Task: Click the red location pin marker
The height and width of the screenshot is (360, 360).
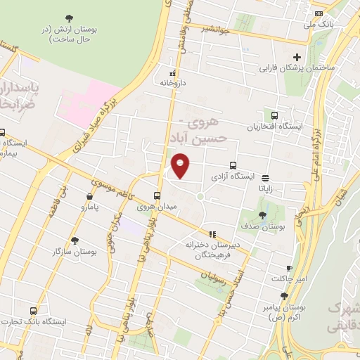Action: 181,165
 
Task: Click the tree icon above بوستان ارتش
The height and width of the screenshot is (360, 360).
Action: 68,18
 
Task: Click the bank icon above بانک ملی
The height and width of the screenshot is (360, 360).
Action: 319,13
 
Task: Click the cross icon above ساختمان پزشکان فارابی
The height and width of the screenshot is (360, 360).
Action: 297,57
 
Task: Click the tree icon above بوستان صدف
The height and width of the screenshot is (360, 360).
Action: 262,215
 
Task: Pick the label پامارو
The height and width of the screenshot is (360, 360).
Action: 91,208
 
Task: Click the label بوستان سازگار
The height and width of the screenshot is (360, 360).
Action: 75,250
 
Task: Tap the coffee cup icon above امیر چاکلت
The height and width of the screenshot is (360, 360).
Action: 288,269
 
